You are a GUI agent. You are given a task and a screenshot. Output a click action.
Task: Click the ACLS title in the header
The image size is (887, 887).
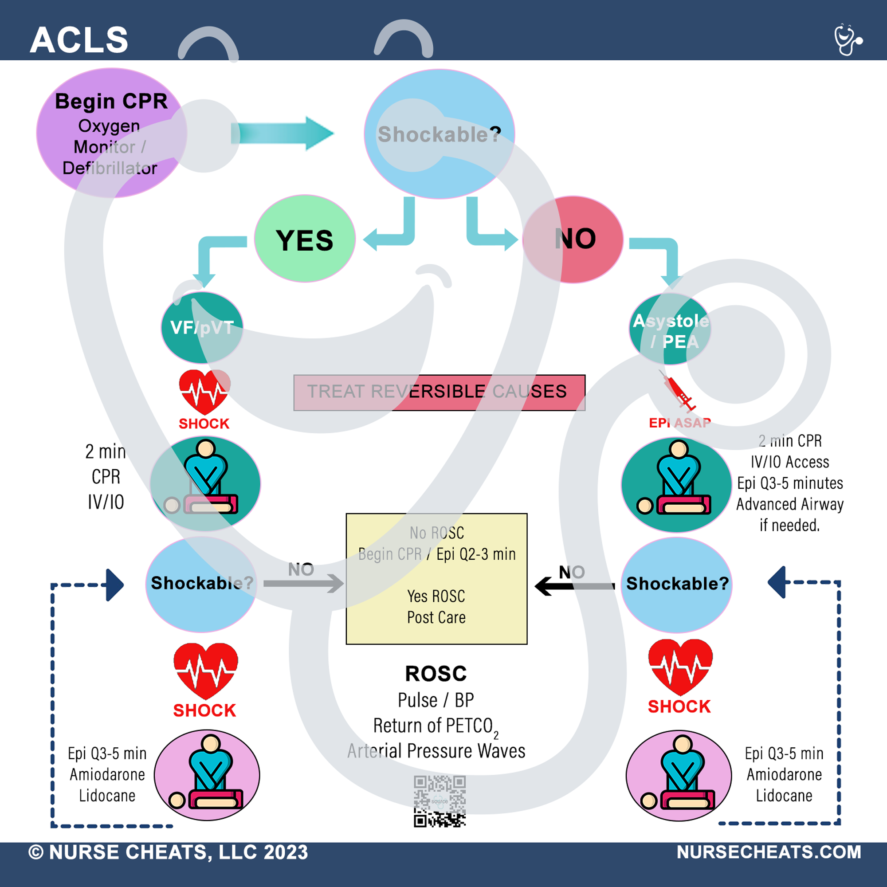(79, 40)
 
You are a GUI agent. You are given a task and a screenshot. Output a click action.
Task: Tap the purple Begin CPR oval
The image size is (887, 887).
(111, 133)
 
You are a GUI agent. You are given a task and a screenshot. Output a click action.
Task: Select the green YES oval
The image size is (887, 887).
(304, 239)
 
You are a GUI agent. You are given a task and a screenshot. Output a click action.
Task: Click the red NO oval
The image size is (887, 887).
(573, 239)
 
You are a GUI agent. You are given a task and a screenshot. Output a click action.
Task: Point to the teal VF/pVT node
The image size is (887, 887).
(201, 327)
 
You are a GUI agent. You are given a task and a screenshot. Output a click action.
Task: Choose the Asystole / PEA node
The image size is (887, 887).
(670, 330)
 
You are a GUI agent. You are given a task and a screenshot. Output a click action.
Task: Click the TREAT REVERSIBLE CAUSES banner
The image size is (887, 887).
(439, 392)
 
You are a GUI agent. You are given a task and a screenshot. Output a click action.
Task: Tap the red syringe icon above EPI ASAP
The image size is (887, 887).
(678, 392)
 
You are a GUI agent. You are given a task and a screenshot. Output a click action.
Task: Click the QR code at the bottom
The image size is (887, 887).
(440, 801)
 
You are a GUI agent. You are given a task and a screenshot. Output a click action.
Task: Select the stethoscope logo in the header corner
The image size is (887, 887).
(848, 40)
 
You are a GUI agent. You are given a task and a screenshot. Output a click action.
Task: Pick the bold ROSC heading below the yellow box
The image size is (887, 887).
(436, 674)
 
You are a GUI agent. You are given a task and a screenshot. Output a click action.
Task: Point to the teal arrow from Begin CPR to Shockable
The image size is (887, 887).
(282, 133)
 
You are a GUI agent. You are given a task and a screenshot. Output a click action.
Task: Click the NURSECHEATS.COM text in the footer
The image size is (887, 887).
(769, 852)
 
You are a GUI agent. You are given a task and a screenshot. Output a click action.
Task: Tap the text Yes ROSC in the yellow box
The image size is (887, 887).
(436, 597)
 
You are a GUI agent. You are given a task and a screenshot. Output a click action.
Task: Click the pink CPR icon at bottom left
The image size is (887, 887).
(207, 775)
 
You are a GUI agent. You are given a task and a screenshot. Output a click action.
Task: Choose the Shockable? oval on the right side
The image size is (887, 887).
(676, 584)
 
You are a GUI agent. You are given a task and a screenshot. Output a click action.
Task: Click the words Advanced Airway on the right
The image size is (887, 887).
(790, 504)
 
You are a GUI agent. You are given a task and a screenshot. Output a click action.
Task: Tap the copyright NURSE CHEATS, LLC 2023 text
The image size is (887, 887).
(168, 852)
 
